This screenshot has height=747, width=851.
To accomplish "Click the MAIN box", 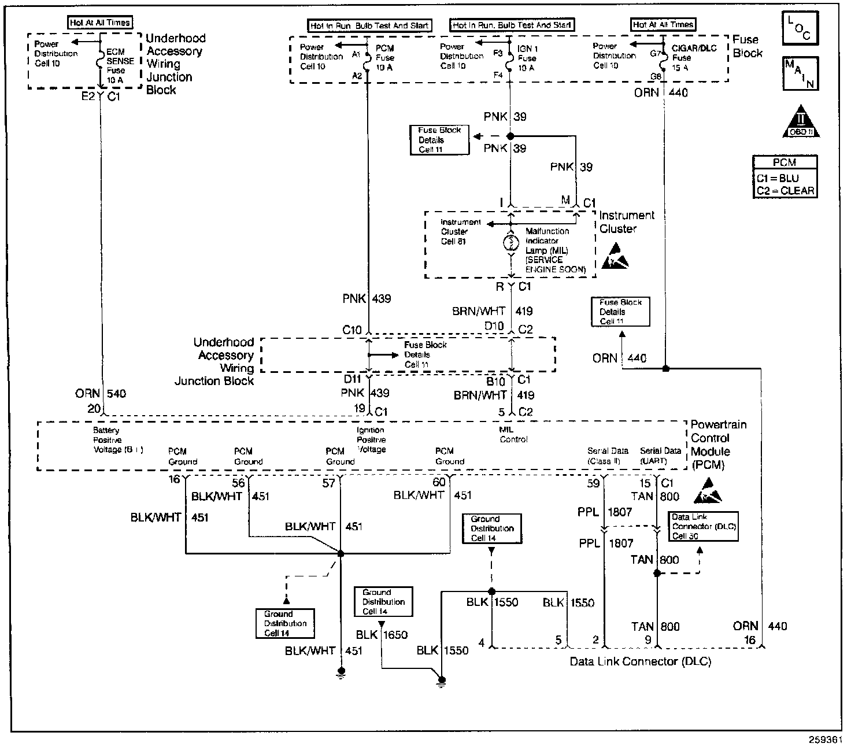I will click(800, 73).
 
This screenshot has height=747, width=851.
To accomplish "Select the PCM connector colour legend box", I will click(785, 177).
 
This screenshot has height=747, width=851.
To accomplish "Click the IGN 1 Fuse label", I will click(527, 58).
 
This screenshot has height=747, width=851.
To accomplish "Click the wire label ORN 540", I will click(101, 394).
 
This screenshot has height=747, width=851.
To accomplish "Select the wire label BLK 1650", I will click(382, 635).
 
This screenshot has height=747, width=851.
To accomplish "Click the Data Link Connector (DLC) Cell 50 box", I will click(703, 526).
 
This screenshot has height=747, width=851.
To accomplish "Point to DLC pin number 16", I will click(750, 640).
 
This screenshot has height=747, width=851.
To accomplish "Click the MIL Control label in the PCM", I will click(513, 435).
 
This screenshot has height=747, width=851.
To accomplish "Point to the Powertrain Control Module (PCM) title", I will click(718, 445).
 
